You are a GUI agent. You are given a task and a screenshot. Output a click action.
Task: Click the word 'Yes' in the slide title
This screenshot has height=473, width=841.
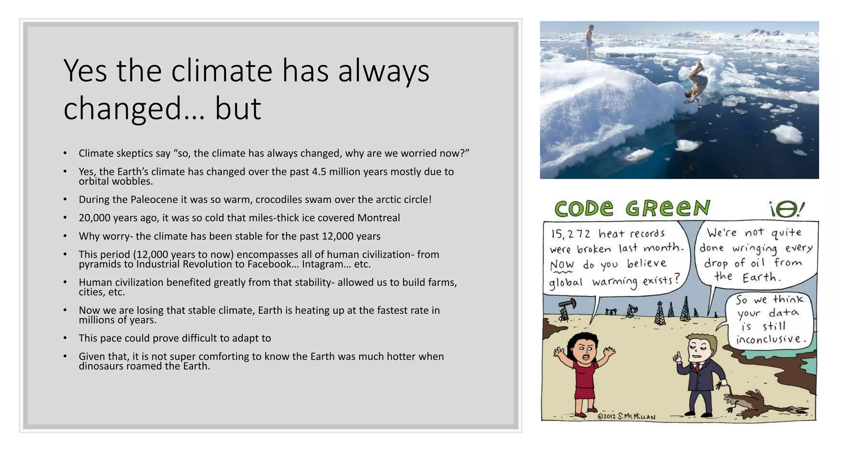coord(85,71)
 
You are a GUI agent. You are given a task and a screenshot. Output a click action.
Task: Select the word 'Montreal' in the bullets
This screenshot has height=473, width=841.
coord(378,218)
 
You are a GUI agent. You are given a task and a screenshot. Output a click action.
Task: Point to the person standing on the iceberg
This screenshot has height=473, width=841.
coord(590,42)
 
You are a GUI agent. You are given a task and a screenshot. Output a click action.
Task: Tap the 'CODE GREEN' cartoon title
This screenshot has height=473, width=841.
coord(632,209)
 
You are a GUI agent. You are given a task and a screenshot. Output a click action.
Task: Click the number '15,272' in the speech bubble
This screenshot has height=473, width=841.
coord(571,234)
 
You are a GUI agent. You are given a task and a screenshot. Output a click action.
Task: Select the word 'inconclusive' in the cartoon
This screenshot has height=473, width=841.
coord(768,340)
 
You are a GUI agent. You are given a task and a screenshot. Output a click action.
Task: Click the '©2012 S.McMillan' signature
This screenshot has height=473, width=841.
coord(626,417)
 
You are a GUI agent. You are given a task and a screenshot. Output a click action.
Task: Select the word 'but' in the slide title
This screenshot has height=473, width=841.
coord(238,108)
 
